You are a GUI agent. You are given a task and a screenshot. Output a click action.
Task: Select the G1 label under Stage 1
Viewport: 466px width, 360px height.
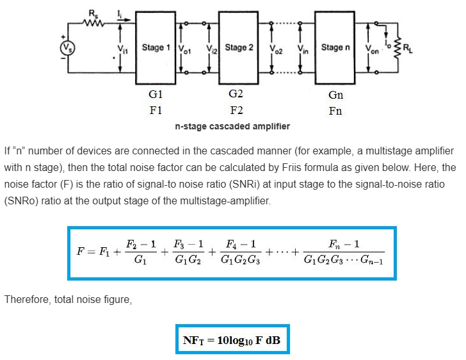click(155, 95)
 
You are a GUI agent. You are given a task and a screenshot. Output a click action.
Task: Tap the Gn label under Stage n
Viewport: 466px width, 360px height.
click(335, 95)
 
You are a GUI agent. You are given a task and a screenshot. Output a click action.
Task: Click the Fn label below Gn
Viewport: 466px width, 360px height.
click(335, 111)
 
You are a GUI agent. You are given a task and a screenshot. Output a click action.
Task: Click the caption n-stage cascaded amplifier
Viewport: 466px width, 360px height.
click(232, 126)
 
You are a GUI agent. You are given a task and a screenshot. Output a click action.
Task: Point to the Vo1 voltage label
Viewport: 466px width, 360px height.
click(184, 48)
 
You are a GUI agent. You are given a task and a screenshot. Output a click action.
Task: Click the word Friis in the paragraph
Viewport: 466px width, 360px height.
click(348, 168)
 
